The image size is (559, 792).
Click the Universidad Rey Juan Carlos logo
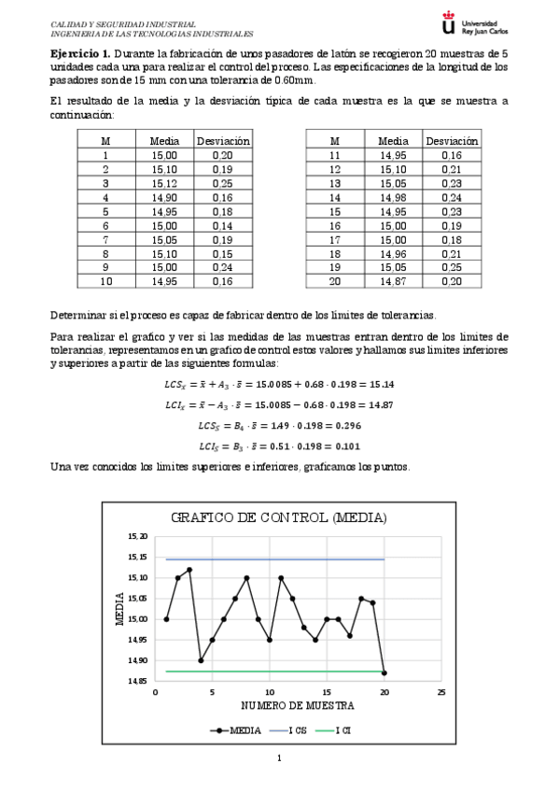point(493,26)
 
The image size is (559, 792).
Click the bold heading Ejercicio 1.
point(79,54)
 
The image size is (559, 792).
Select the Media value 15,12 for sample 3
point(163,183)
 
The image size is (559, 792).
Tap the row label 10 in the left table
point(105,281)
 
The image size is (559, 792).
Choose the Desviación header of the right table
point(452,141)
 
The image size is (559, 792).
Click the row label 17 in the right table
point(335,239)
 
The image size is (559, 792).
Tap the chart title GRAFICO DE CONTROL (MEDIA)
point(279,517)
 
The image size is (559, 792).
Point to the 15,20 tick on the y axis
point(137,537)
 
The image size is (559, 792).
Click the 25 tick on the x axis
point(441,692)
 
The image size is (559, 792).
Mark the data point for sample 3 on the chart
point(189,570)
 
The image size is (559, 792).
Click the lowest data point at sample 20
point(384,672)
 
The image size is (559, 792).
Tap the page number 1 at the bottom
point(279,758)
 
